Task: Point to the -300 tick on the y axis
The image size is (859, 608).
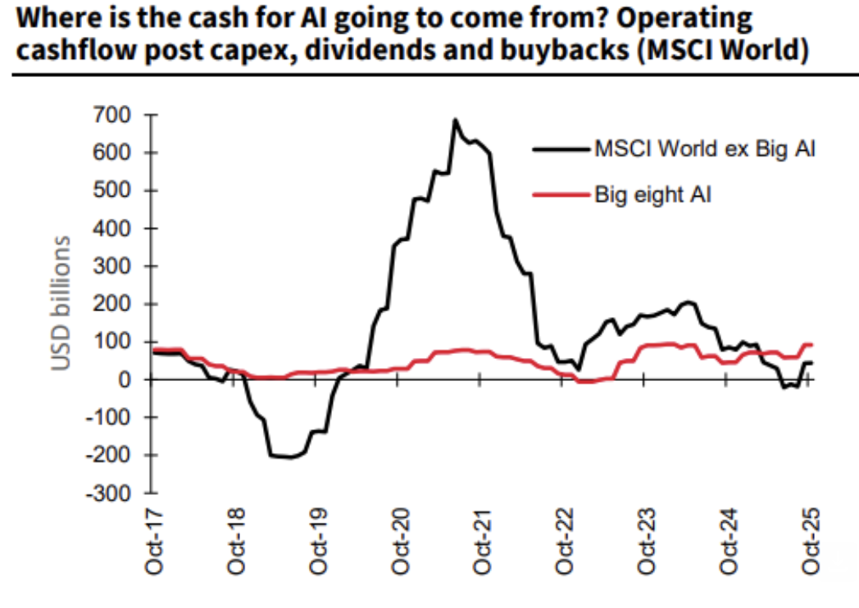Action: pos(110,493)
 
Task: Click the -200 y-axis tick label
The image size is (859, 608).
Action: pos(110,456)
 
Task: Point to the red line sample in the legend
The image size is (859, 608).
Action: pos(561,196)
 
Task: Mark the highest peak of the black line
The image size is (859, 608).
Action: pos(455,120)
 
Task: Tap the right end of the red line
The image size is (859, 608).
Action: pos(811,345)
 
